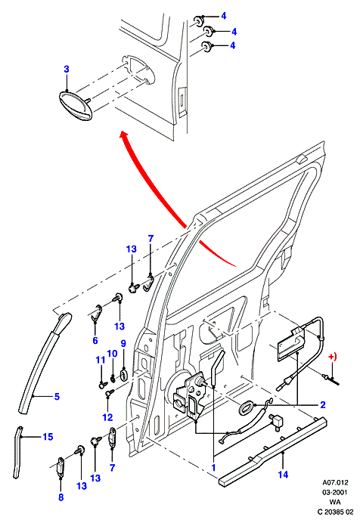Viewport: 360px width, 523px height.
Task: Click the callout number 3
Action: pos(67,70)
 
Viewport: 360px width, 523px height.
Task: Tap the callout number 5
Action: pos(57,396)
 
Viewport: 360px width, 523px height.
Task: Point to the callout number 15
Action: pos(48,437)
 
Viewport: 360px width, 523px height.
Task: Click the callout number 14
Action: pos(283,475)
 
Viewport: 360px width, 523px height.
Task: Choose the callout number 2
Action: pos(322,405)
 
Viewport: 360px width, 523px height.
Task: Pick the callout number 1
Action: pos(213,468)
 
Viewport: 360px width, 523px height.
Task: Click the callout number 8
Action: pos(61,497)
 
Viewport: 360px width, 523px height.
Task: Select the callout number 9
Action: pos(123,343)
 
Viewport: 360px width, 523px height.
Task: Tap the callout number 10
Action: pos(113,354)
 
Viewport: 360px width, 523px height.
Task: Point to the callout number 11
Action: pos(101,361)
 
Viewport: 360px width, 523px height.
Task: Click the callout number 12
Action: pos(107,417)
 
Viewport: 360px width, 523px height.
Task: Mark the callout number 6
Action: pos(95,340)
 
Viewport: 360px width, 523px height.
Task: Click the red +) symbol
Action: pos(333,357)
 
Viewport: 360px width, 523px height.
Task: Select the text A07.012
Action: pos(335,482)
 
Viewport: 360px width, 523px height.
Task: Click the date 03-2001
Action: pos(334,492)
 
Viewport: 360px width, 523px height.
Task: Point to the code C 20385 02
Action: pos(335,512)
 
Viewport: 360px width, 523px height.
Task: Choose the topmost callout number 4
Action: pos(224,16)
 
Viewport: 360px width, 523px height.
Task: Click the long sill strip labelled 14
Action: pos(273,450)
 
